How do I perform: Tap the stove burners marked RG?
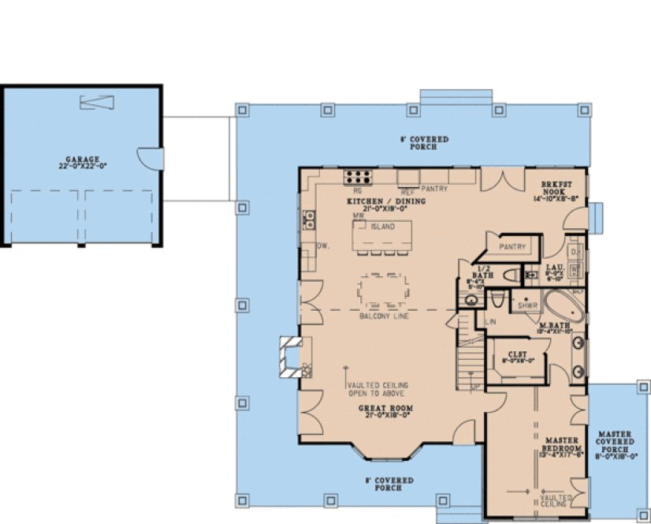tap(357, 178)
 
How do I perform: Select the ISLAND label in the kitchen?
tap(382, 227)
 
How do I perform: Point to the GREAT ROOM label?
tap(386, 408)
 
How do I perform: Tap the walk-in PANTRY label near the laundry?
tap(513, 247)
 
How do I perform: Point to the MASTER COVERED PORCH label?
tap(617, 444)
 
